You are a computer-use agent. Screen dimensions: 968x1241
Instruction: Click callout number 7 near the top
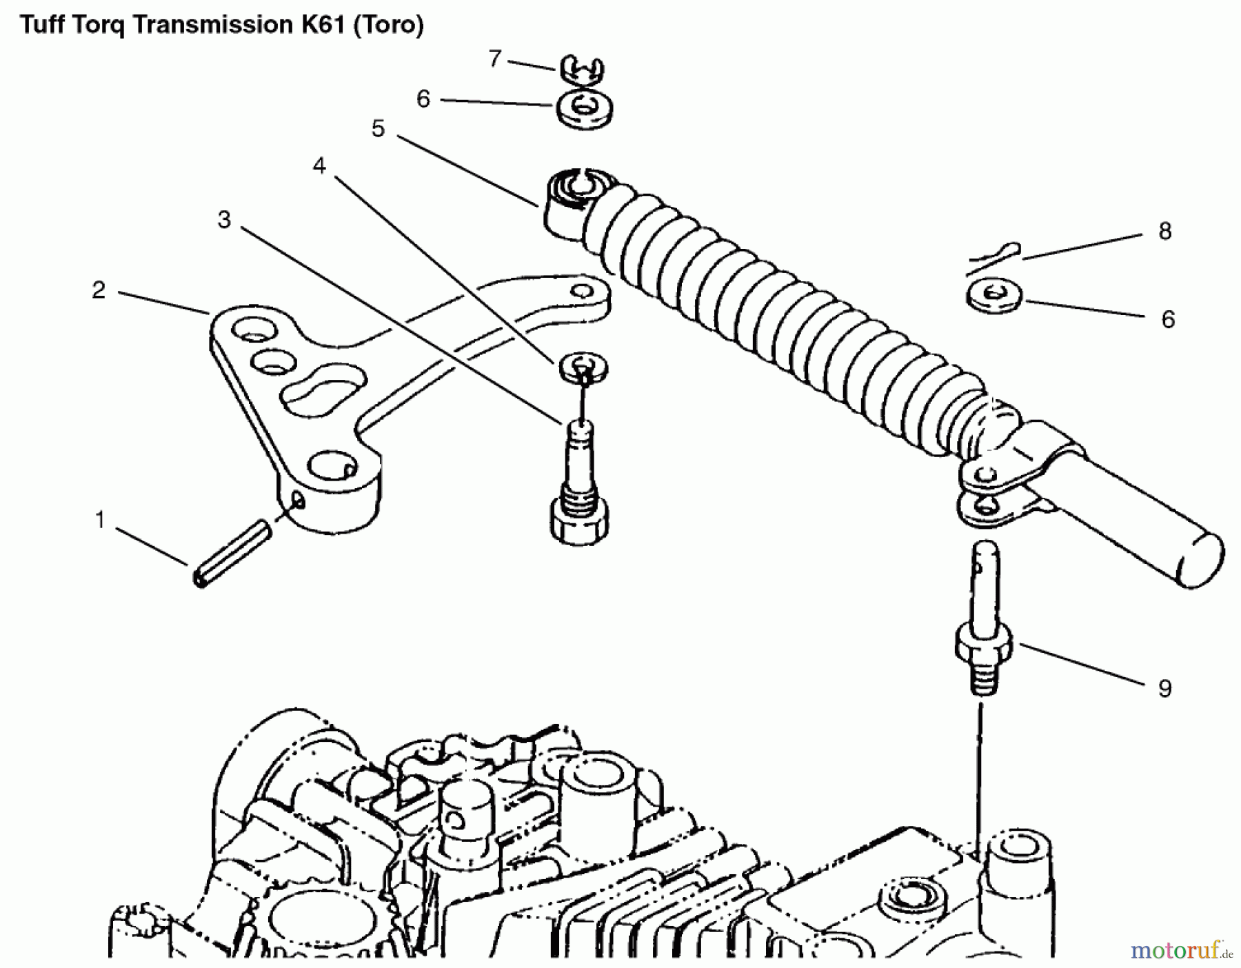[x=494, y=59]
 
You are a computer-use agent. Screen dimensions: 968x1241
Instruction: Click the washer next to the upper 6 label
[x=585, y=111]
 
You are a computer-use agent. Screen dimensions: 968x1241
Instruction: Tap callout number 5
[x=378, y=129]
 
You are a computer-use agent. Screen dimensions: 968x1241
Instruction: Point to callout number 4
[x=319, y=165]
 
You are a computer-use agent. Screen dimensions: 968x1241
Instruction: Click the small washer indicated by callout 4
[x=583, y=365]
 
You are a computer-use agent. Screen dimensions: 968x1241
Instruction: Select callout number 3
[x=223, y=220]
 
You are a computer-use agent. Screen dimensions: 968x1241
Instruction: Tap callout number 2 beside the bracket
[x=99, y=290]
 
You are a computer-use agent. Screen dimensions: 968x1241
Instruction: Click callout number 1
[x=100, y=520]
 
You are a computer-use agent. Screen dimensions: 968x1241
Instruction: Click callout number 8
[x=1164, y=232]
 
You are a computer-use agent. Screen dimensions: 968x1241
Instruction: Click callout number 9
[x=1164, y=688]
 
